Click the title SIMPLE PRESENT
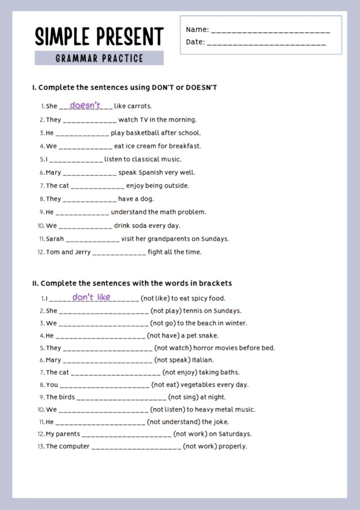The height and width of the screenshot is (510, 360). tap(99, 36)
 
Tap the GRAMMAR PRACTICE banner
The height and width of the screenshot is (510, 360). tap(99, 58)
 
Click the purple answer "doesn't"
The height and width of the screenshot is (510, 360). tap(85, 105)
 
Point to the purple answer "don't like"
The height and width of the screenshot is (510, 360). tap(91, 297)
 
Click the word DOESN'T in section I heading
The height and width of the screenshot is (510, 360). tap(201, 88)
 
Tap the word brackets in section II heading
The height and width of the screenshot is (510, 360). tap(215, 283)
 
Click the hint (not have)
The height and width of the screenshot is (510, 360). tap(163, 336)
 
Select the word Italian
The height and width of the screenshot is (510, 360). tap(203, 360)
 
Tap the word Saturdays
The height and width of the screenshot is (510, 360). tap(235, 434)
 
